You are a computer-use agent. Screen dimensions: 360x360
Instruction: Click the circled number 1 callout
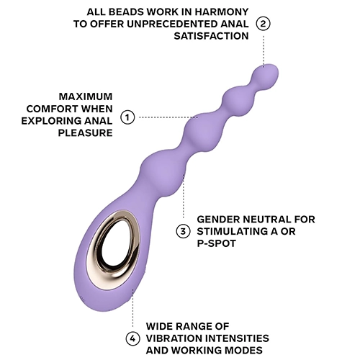pyautogui.click(x=127, y=117)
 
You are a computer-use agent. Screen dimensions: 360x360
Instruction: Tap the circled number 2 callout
pyautogui.click(x=264, y=24)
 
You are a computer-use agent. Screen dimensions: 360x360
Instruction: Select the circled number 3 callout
pyautogui.click(x=183, y=232)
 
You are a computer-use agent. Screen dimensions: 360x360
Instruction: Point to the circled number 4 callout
pyautogui.click(x=132, y=338)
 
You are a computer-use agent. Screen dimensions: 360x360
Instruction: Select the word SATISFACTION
pyautogui.click(x=211, y=36)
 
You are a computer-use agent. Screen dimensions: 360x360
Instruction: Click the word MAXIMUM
pyautogui.click(x=86, y=96)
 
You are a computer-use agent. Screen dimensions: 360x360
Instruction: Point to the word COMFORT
pyautogui.click(x=53, y=109)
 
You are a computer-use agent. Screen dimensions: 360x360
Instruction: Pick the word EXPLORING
pyautogui.click(x=52, y=121)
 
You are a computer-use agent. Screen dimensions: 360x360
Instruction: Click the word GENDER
pyautogui.click(x=218, y=220)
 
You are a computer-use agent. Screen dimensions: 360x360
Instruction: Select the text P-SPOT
pyautogui.click(x=217, y=243)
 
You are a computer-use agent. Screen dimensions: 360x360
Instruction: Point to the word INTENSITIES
pyautogui.click(x=238, y=338)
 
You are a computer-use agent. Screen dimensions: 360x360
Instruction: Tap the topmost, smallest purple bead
pyautogui.click(x=265, y=75)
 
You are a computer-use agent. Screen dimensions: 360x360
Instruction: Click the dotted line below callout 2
pyautogui.click(x=264, y=51)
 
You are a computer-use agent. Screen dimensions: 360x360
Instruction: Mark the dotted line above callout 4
pyautogui.click(x=132, y=308)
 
